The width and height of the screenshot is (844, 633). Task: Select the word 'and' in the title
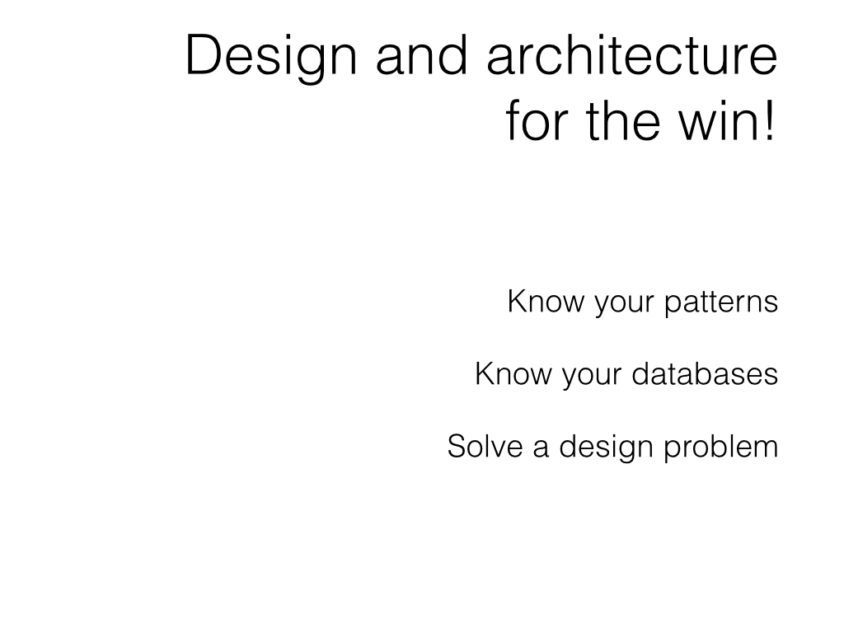point(421,54)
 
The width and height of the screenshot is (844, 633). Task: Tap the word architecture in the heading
point(632,54)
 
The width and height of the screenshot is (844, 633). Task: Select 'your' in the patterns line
point(624,305)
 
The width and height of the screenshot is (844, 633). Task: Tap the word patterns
point(721,303)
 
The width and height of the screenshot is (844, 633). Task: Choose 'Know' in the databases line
point(513,374)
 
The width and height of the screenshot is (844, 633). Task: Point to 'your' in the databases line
point(592,377)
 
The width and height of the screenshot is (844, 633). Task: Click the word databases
point(706,374)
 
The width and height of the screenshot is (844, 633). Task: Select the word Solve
point(485,446)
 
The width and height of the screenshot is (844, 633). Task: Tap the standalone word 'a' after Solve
point(541,450)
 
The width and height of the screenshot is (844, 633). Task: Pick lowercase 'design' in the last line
point(607,448)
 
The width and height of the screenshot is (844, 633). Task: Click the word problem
point(721,448)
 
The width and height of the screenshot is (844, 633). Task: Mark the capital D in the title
point(203,54)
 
